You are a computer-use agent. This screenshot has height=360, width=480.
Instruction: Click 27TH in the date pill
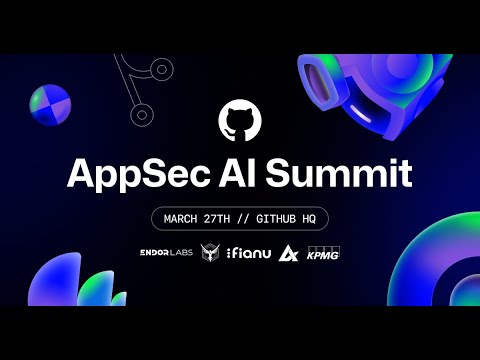(x=230, y=217)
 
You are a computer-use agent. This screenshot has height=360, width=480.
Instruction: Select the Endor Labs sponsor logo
(x=166, y=254)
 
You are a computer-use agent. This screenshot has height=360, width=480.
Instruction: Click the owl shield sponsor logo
(x=212, y=254)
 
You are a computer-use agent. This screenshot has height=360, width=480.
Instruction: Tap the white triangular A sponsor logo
(x=288, y=254)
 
